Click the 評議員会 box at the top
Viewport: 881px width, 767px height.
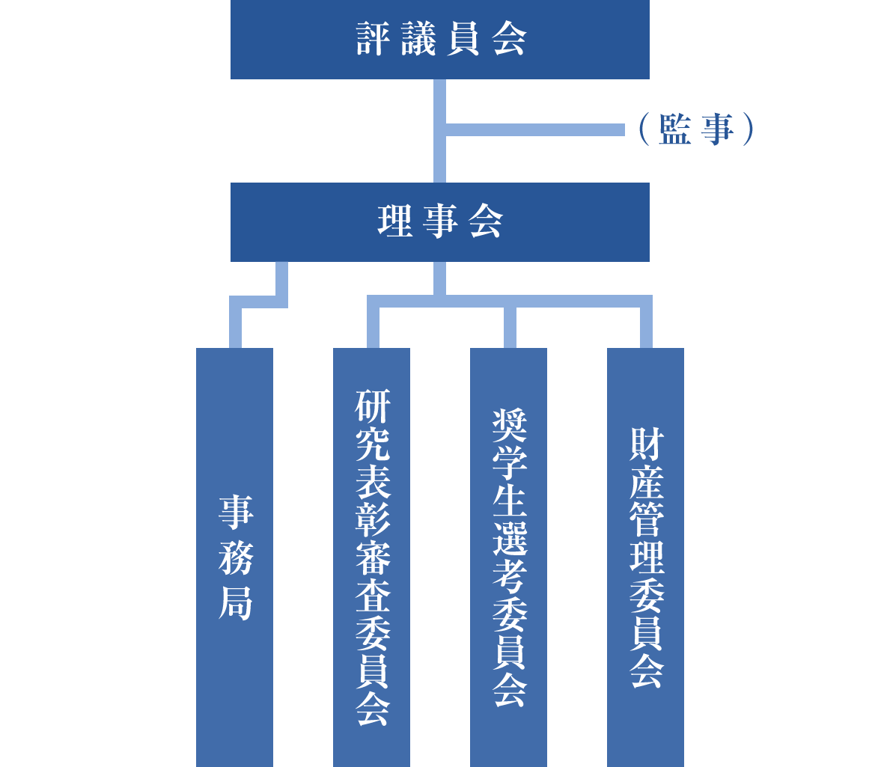coord(439,39)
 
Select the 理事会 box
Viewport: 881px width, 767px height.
coord(439,222)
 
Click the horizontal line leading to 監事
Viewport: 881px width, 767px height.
coord(535,130)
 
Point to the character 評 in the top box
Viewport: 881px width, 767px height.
coord(372,40)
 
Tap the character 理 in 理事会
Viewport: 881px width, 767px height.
coord(394,222)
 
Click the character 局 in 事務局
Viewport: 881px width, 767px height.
coord(235,603)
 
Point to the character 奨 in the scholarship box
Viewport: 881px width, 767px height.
coord(509,425)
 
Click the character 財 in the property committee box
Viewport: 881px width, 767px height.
coord(646,444)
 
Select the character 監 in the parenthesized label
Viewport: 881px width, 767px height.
coord(675,130)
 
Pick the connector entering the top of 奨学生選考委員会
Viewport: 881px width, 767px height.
coord(509,327)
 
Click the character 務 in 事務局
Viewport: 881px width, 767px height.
coord(235,558)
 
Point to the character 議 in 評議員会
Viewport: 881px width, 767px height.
coord(417,40)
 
